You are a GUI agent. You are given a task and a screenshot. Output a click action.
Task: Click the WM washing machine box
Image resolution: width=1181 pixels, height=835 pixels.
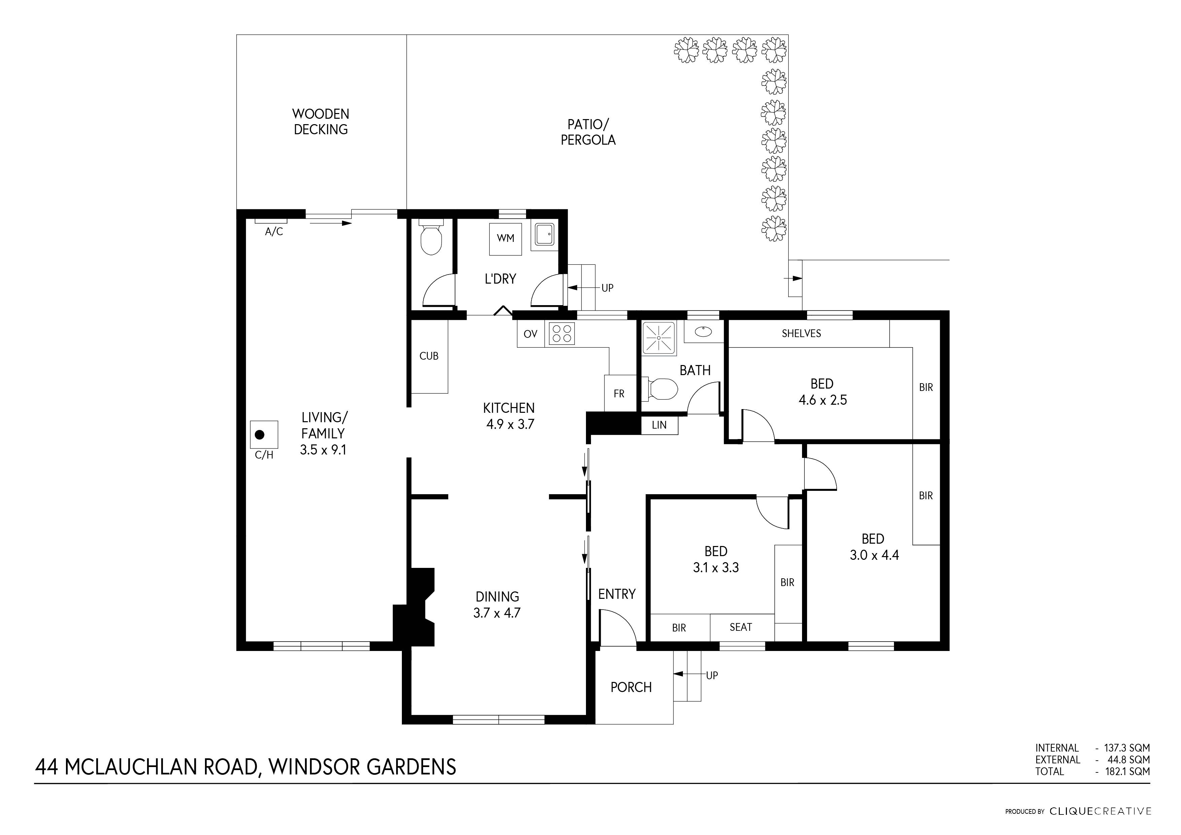[x=505, y=239]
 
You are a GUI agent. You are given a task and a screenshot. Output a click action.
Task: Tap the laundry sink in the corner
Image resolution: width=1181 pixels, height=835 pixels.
[x=544, y=235]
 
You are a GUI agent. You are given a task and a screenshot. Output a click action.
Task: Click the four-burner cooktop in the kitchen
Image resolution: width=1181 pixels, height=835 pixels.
[x=561, y=333]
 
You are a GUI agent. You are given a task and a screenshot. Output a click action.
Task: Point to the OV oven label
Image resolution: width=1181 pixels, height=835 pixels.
[x=530, y=334]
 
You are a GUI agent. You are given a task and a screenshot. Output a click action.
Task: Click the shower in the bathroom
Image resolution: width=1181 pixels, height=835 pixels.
[x=659, y=337]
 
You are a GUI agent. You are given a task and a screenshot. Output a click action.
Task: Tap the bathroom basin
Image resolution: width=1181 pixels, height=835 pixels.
[x=703, y=332]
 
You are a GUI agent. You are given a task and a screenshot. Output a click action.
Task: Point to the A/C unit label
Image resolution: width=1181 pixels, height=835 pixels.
[x=274, y=232]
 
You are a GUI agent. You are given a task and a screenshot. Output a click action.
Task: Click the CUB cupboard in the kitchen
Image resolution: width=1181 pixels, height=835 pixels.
[x=429, y=356]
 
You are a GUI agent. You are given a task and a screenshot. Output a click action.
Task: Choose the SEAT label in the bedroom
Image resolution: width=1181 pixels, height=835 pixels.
[x=741, y=627]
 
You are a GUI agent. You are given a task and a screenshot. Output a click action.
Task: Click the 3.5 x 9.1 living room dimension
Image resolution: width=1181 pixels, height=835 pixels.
[x=323, y=450]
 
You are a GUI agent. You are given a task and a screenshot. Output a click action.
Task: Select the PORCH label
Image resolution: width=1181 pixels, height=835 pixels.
[x=631, y=687]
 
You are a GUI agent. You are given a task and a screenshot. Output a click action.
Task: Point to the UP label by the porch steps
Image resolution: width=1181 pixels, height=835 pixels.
[x=712, y=676]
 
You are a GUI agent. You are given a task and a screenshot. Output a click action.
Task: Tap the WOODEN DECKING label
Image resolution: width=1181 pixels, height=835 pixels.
[x=320, y=122]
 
